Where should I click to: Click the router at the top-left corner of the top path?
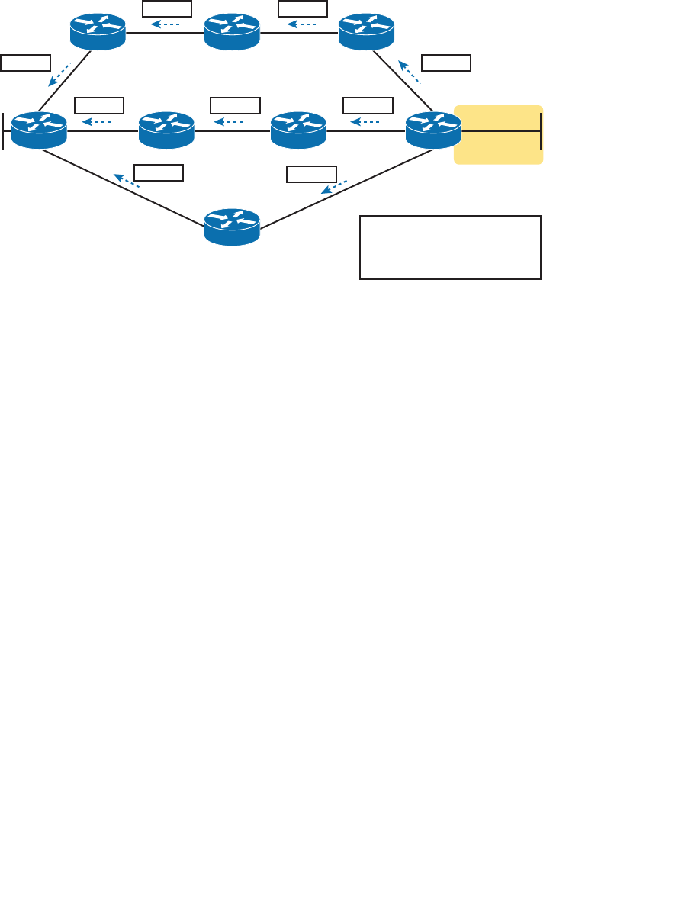[98, 32]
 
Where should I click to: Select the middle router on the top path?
[233, 32]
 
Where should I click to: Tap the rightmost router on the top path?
[367, 32]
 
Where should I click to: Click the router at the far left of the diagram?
[39, 130]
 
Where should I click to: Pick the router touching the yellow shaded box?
[433, 130]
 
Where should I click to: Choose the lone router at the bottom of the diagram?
[233, 227]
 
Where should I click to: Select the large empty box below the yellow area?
[450, 247]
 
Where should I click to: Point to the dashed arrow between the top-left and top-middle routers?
[165, 24]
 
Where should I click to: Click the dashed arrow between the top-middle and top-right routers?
[301, 24]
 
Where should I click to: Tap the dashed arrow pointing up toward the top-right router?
[409, 72]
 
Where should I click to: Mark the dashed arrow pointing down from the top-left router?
[59, 74]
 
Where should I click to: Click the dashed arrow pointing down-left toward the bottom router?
[334, 186]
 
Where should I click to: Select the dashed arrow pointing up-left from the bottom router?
[127, 180]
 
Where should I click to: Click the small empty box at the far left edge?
[25, 63]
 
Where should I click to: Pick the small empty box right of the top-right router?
[446, 63]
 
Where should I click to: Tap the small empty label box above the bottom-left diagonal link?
[158, 172]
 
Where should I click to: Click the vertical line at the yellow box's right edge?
[541, 130]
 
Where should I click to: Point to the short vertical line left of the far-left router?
[4, 130]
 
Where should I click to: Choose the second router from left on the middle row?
[166, 130]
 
